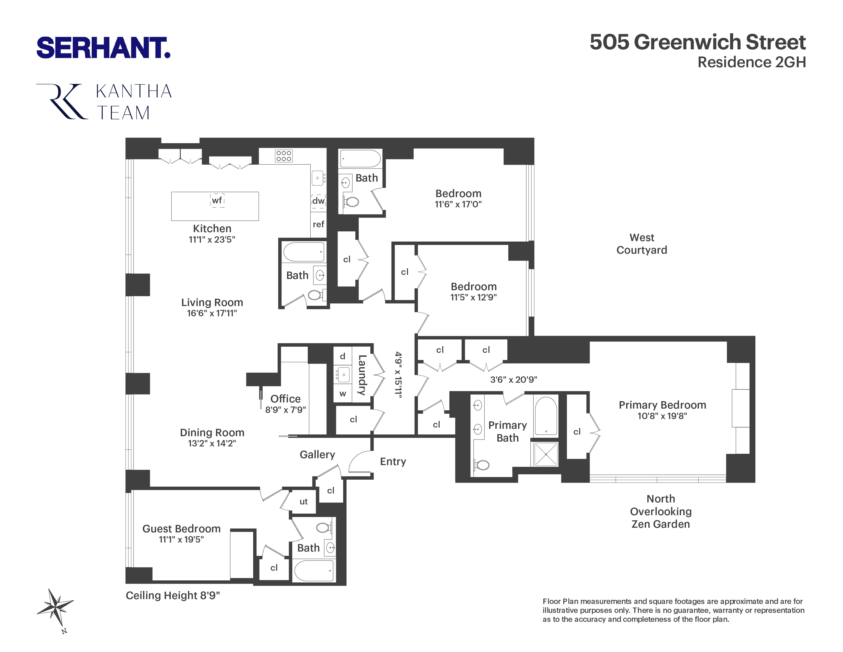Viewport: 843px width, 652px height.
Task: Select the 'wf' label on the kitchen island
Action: pyautogui.click(x=217, y=200)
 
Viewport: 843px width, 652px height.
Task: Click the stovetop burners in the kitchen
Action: pyautogui.click(x=284, y=156)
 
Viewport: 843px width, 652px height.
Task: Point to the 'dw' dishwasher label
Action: pyautogui.click(x=319, y=201)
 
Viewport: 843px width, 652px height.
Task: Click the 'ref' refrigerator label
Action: pyautogui.click(x=319, y=224)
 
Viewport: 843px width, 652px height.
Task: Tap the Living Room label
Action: pyautogui.click(x=212, y=302)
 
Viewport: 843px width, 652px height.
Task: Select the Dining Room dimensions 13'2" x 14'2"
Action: pyautogui.click(x=212, y=443)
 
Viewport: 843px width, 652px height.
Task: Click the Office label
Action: pyautogui.click(x=285, y=399)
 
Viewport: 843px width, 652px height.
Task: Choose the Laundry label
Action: pyautogui.click(x=362, y=375)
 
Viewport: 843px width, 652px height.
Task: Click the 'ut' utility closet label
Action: pyautogui.click(x=303, y=501)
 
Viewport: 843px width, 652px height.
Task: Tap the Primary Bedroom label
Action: pyautogui.click(x=662, y=405)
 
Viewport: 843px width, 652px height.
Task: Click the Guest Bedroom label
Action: pyautogui.click(x=181, y=529)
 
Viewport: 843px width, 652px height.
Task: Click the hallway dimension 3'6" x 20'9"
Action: pyautogui.click(x=513, y=380)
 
